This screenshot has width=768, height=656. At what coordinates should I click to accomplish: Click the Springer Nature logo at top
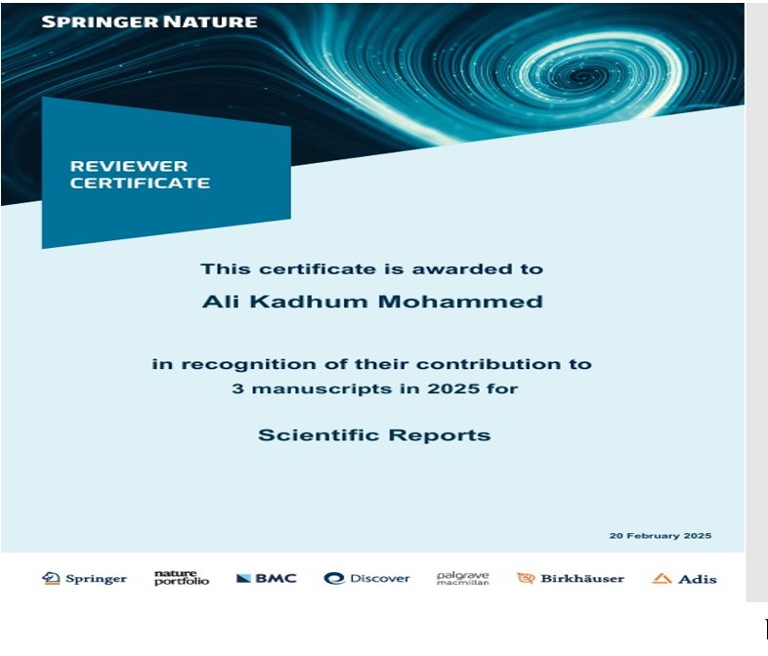(x=149, y=22)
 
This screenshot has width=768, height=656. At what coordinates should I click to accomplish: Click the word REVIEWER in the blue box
(x=129, y=166)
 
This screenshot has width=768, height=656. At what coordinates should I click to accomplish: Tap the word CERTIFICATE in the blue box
(x=140, y=183)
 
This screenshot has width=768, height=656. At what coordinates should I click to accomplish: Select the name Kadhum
(x=309, y=302)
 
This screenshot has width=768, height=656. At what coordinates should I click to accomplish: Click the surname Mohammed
(x=460, y=302)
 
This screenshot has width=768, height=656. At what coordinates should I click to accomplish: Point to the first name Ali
(x=221, y=302)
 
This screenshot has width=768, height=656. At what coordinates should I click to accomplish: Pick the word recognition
(x=248, y=364)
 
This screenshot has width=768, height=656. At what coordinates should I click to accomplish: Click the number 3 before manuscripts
(x=237, y=389)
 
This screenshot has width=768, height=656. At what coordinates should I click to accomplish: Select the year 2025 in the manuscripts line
(x=453, y=389)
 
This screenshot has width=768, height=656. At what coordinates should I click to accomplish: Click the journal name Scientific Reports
(x=374, y=435)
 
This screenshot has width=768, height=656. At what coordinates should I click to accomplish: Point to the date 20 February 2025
(x=661, y=536)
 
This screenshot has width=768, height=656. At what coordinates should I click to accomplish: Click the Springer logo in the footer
(x=84, y=579)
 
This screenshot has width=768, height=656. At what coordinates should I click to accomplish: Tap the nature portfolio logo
(x=182, y=578)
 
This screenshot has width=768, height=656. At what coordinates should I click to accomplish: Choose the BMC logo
(x=267, y=578)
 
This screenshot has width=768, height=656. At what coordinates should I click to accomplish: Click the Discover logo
(x=366, y=578)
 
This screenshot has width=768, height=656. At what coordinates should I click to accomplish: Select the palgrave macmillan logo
(x=463, y=578)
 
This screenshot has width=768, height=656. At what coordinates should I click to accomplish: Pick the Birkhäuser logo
(x=571, y=579)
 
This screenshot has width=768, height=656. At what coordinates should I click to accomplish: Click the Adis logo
(x=684, y=579)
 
